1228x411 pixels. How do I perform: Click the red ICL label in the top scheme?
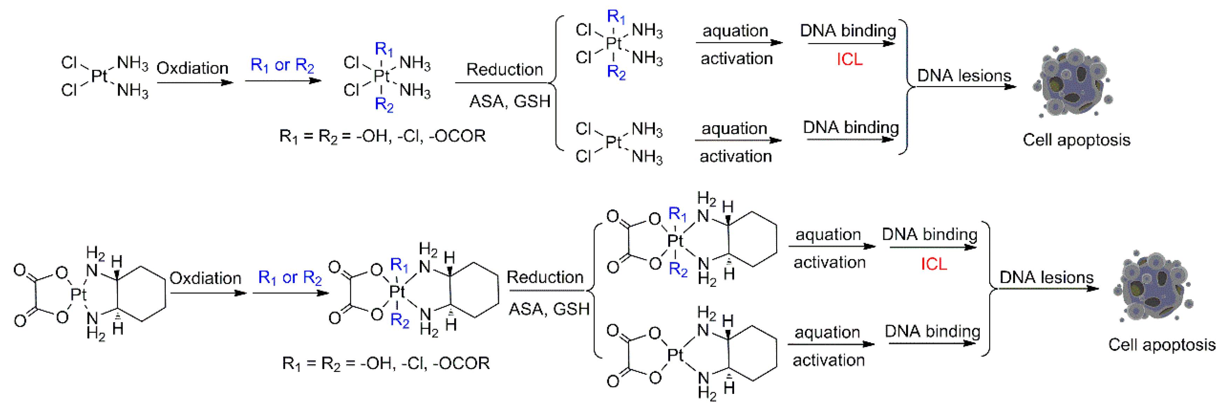tap(849, 59)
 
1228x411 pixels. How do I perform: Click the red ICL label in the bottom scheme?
tap(933, 264)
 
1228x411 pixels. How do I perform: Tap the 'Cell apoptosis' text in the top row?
tap(1076, 140)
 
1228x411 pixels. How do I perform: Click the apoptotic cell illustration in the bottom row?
tap(1154, 286)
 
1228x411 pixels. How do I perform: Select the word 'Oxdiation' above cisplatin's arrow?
tap(193, 68)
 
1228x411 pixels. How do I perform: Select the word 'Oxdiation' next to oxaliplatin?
tap(206, 278)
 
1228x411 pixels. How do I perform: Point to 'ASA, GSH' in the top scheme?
tap(510, 101)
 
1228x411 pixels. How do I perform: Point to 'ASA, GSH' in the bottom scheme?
tap(549, 310)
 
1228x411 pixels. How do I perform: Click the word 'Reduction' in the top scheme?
tap(504, 70)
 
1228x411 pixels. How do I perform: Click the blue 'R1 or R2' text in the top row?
tap(282, 65)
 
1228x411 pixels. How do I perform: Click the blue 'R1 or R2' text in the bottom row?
tap(290, 277)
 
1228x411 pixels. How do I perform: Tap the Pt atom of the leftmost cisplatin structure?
tap(99, 76)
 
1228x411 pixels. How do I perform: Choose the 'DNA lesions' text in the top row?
tap(964, 76)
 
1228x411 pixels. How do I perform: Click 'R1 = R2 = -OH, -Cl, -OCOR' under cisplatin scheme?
tap(382, 136)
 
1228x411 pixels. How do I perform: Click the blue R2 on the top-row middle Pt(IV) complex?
tap(384, 104)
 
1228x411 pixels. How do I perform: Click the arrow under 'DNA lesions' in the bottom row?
tap(1049, 289)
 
